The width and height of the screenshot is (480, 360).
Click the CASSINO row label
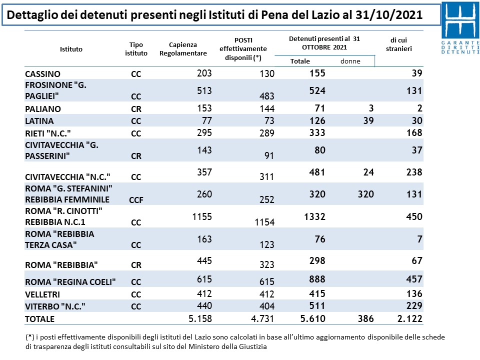click(x=42, y=74)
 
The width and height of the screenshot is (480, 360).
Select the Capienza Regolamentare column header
click(x=183, y=49)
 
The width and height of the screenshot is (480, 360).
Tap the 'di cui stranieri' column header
click(x=398, y=44)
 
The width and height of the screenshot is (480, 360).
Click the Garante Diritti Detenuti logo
click(x=460, y=28)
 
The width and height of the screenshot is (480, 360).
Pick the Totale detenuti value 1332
click(x=314, y=216)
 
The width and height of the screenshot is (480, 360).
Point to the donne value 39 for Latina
click(x=368, y=120)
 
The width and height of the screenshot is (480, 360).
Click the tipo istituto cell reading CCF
click(x=136, y=200)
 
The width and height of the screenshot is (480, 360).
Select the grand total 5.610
click(x=312, y=318)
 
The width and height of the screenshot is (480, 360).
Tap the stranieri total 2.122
click(x=409, y=318)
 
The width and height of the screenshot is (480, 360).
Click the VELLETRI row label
click(x=42, y=294)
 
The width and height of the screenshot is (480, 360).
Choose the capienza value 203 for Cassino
click(x=204, y=73)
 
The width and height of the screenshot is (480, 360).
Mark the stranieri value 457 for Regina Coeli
click(x=414, y=279)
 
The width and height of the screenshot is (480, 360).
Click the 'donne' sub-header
click(x=350, y=61)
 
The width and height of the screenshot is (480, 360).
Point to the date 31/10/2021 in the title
click(x=389, y=14)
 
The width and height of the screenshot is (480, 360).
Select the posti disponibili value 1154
click(x=264, y=222)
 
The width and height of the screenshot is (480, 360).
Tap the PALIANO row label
click(x=43, y=109)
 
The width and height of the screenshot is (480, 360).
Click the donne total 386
click(x=366, y=319)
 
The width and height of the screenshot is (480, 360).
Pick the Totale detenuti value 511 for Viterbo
click(x=317, y=305)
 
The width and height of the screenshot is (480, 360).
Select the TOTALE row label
click(x=40, y=319)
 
